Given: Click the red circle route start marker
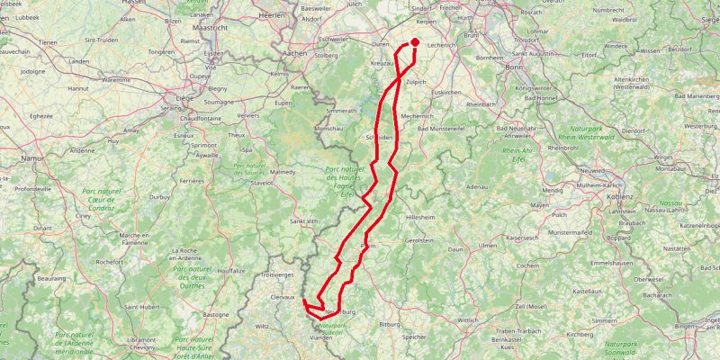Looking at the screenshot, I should coord(416,41).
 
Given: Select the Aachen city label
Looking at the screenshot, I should coord(294,53).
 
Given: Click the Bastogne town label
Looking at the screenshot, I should coord(216,315).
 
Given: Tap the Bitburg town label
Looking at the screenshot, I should coord(390,322).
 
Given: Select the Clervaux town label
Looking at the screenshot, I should coord(283,295).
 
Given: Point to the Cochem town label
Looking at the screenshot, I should coord(528,265).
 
